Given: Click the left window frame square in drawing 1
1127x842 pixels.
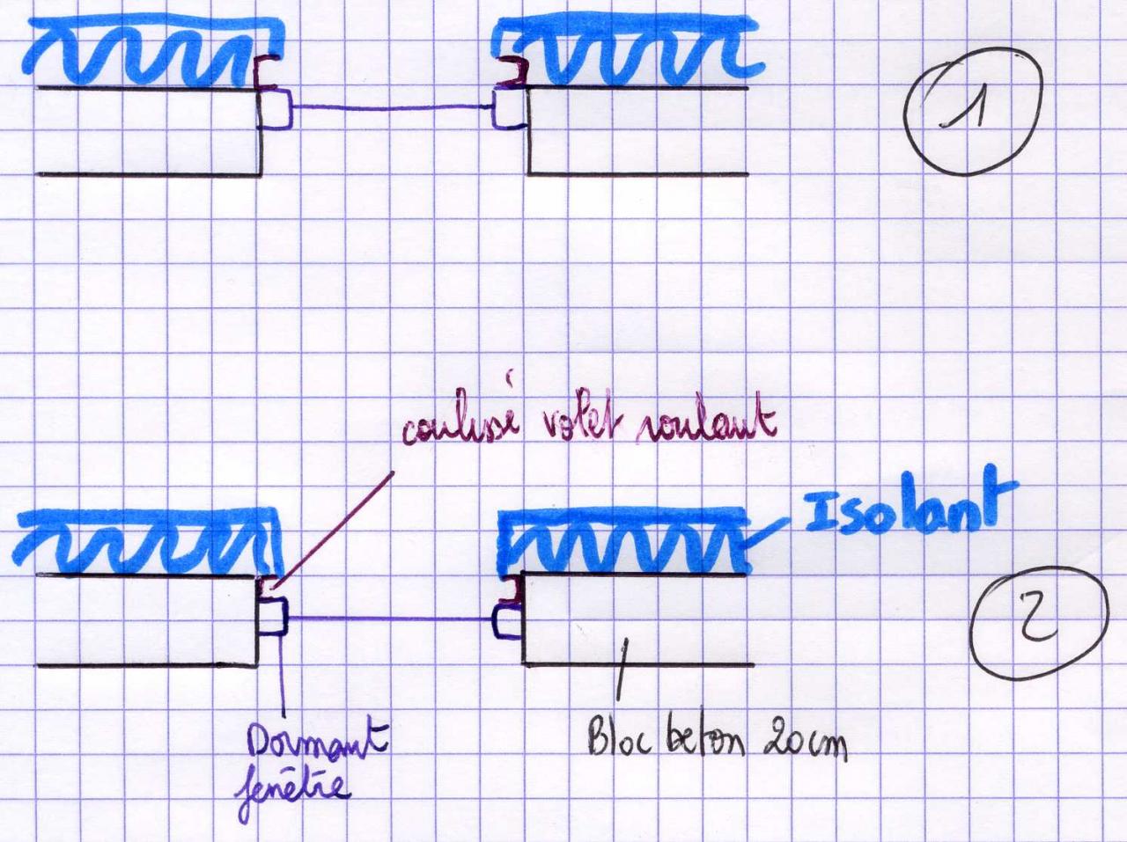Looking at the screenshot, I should (276, 109).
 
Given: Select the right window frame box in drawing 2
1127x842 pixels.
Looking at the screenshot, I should (508, 619).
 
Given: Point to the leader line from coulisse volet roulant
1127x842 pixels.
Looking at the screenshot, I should (335, 527).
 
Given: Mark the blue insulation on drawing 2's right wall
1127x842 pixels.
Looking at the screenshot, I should (625, 541).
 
